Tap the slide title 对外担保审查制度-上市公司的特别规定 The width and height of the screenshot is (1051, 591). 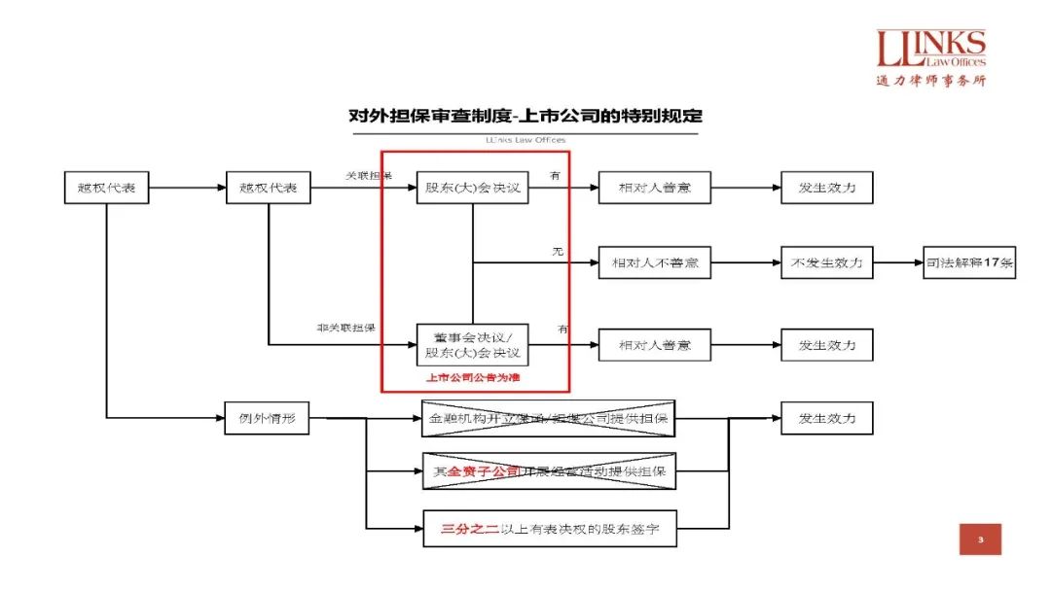pyautogui.click(x=525, y=116)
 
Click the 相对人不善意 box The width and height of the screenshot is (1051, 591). pyautogui.click(x=654, y=262)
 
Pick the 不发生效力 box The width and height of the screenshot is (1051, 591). pyautogui.click(x=826, y=262)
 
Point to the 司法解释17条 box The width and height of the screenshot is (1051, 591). pyautogui.click(x=969, y=262)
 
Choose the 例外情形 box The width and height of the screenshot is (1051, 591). pyautogui.click(x=267, y=419)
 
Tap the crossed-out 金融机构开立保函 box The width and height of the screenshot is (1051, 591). pyautogui.click(x=548, y=419)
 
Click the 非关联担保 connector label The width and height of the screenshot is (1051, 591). pyautogui.click(x=346, y=329)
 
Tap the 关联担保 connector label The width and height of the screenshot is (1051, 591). pyautogui.click(x=369, y=176)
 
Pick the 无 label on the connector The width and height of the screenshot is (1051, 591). pyautogui.click(x=558, y=251)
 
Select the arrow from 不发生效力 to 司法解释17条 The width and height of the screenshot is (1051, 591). pyautogui.click(x=898, y=262)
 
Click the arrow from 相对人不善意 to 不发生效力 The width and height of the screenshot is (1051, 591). pyautogui.click(x=745, y=262)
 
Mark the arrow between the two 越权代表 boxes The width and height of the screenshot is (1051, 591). pyautogui.click(x=187, y=188)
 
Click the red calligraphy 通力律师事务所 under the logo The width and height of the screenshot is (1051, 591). pyautogui.click(x=931, y=81)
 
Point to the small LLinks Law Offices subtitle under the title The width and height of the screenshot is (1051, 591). pyautogui.click(x=525, y=140)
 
